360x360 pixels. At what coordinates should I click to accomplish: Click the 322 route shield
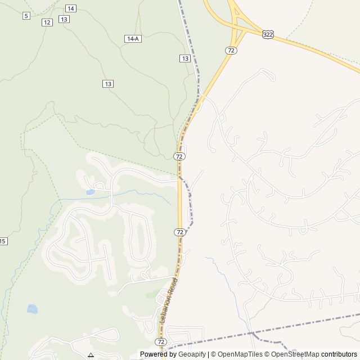268,34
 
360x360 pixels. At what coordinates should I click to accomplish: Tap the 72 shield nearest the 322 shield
231,51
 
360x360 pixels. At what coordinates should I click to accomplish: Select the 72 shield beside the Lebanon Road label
161,341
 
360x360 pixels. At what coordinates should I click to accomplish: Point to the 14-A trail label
132,38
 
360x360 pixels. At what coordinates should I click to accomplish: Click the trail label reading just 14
70,8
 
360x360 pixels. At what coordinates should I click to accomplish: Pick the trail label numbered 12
47,22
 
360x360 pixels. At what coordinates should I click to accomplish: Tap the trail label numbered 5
26,16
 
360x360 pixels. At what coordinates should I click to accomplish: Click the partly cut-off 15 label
3,241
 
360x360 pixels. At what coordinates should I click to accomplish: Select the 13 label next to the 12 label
64,19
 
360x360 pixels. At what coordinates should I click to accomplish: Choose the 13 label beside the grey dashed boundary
184,58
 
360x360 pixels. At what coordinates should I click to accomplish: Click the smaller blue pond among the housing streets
90,192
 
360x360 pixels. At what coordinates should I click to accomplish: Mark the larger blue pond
33,309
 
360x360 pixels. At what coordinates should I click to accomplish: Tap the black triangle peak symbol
91,355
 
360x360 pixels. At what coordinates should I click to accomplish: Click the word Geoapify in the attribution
191,354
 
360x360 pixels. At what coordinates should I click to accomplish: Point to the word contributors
339,354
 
